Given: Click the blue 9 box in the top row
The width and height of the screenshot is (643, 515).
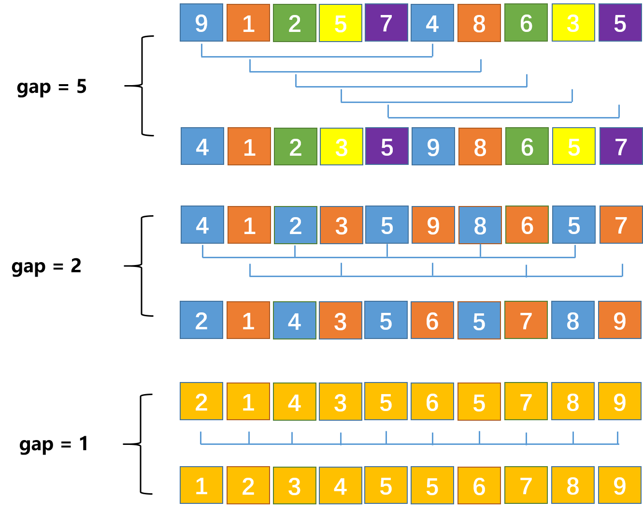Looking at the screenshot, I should tap(201, 23).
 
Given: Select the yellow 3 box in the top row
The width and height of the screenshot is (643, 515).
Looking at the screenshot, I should tap(573, 23).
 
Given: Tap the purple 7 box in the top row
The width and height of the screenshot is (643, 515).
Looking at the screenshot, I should tap(386, 23).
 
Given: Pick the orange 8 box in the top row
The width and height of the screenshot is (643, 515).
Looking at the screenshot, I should tap(479, 23).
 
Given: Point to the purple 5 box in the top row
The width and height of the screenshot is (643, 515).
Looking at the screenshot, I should tap(620, 23).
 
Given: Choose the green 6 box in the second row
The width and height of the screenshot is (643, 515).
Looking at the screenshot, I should tap(527, 147).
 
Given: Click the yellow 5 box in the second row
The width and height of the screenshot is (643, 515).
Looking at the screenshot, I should tap(574, 147).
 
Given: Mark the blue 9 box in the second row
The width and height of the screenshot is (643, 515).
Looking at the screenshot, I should tap(433, 147).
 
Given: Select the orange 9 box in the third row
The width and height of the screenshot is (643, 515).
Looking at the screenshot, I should tap(433, 225).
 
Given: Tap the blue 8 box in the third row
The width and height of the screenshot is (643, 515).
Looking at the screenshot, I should tap(480, 225).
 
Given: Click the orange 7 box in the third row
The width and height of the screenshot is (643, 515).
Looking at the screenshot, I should tap(621, 225).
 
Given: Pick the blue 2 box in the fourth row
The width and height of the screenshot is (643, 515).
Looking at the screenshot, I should tap(201, 320).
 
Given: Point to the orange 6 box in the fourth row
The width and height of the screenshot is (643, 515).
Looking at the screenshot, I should tap(432, 320).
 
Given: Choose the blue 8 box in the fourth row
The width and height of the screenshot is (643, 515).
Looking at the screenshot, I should tap(573, 320).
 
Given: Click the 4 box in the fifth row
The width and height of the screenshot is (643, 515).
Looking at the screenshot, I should tap(295, 402).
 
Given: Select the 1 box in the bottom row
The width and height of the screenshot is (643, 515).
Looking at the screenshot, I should tap(201, 486).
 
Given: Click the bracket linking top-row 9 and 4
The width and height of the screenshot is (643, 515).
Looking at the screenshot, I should tap(317, 57).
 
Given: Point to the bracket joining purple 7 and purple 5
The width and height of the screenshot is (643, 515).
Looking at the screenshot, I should tap(503, 118).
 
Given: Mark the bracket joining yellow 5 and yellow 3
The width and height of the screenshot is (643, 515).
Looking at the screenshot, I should tap(457, 102).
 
